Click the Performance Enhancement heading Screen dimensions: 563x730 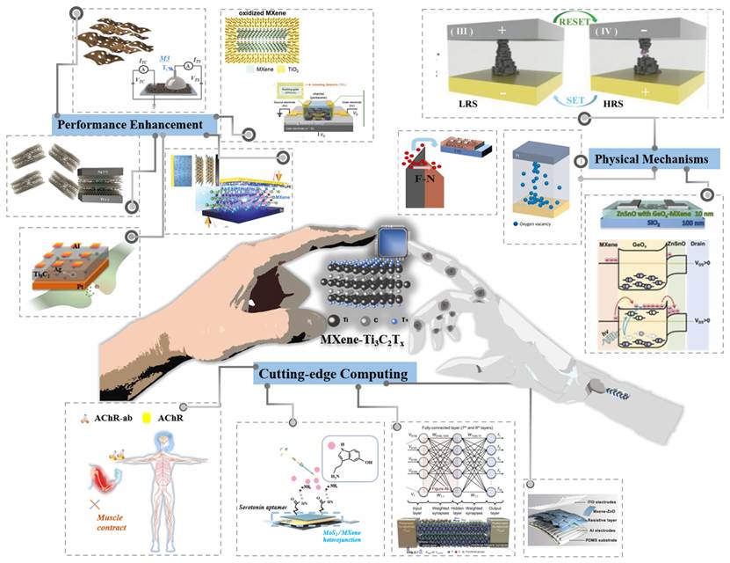[x=135, y=124]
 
